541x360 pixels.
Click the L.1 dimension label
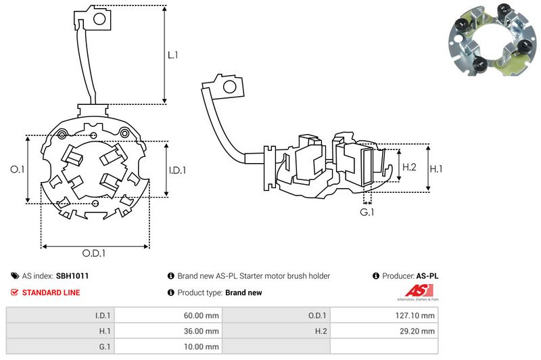pos(172,55)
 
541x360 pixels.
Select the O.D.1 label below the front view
pos(94,254)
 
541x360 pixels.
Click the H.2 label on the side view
pos(409,166)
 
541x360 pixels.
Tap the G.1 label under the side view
pos(367,212)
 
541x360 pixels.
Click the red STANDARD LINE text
pos(51,292)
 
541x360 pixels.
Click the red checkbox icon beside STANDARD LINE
pos(15,292)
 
